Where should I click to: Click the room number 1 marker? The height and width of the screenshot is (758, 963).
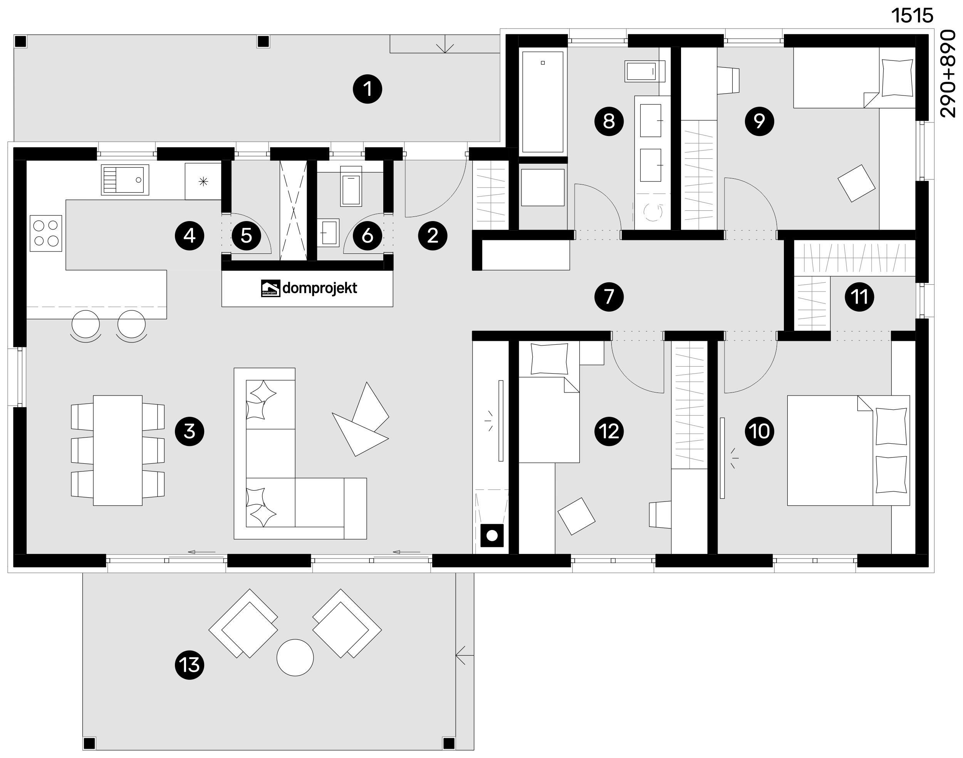click(x=367, y=89)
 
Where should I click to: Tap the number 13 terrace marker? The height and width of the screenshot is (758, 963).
click(x=190, y=665)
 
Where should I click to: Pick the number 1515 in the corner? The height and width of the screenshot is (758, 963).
click(x=912, y=16)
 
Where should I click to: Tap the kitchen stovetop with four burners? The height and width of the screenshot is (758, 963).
click(x=46, y=233)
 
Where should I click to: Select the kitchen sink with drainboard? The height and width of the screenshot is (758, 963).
click(x=125, y=180)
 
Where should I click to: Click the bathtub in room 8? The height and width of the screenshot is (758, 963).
click(x=543, y=102)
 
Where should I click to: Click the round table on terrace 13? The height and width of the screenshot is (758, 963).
click(x=295, y=657)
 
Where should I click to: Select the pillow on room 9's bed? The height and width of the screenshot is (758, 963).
click(x=897, y=78)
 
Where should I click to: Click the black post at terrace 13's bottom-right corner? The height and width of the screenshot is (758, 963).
click(x=449, y=743)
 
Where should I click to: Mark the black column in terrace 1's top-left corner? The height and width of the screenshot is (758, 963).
click(x=20, y=42)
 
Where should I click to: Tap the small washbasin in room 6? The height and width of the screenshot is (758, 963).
click(x=329, y=232)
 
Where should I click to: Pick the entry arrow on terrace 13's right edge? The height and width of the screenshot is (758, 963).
click(x=461, y=655)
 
